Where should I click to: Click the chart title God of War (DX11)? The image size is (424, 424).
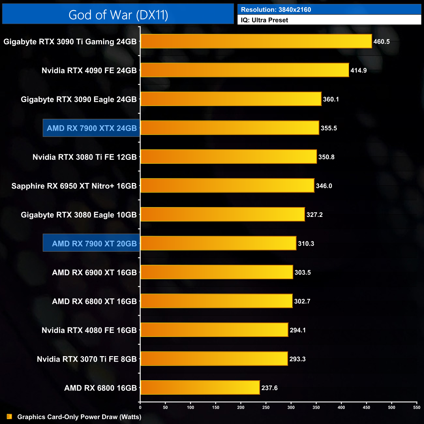point(118,15)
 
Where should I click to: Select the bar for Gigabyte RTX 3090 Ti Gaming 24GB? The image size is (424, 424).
point(256,41)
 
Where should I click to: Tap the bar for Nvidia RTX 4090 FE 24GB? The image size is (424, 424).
point(245,70)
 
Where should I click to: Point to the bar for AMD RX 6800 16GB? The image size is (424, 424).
point(200,387)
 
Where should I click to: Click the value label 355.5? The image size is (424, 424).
point(329,128)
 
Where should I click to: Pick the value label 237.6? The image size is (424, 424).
point(269,388)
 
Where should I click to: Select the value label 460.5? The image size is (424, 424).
point(382,42)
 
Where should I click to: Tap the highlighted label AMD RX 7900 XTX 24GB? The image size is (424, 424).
point(92,128)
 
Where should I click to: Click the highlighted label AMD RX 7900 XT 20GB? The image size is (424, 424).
point(94,244)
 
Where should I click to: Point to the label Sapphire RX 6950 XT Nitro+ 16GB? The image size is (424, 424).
point(74,186)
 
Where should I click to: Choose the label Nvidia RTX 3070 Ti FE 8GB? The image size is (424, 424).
point(87,359)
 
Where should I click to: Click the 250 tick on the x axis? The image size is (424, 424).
point(266,407)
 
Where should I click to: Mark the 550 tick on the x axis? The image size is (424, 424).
point(416,407)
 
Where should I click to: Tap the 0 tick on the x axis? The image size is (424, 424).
point(140,407)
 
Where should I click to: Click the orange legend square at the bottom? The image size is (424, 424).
point(9,416)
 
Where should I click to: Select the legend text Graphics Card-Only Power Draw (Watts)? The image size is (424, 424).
point(79,417)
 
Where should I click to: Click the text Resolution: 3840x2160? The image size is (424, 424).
point(276,10)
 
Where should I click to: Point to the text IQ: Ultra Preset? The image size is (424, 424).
point(265,20)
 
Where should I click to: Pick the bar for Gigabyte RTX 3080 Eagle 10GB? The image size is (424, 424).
point(222,214)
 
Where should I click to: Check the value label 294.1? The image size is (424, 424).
point(298,330)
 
